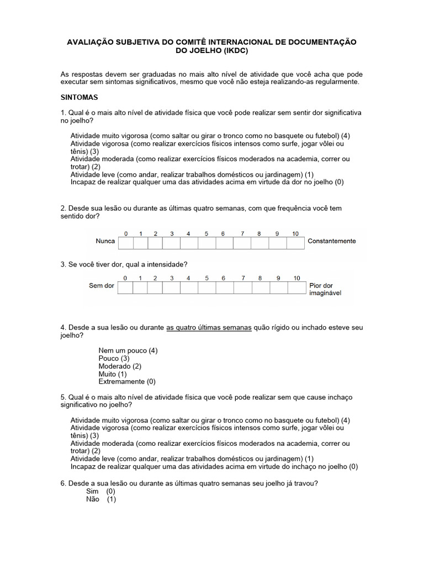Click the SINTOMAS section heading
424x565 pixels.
point(79,97)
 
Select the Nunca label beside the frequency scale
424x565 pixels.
point(105,242)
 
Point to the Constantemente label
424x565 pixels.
point(332,242)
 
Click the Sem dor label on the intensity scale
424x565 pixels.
point(102,286)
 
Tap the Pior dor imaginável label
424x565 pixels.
point(325,290)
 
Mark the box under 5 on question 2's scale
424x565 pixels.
point(205,243)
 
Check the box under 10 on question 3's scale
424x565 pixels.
point(296,287)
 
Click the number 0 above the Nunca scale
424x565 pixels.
point(125,233)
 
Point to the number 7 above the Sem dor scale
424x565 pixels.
point(242,278)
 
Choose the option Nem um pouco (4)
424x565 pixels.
point(128,351)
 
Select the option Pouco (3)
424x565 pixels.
point(114,359)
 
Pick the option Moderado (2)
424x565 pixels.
point(120,366)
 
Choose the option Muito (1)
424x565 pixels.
point(113,374)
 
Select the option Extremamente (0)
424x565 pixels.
point(127,382)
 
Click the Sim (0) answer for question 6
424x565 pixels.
point(100,491)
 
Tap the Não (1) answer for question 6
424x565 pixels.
point(101,499)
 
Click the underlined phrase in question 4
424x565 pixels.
point(209,328)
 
